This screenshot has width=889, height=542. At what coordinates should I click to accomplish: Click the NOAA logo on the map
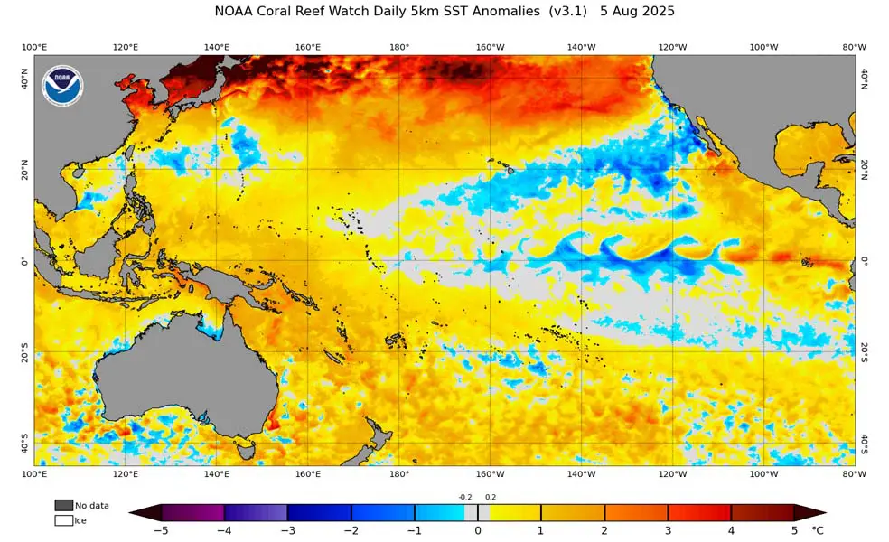point(62,86)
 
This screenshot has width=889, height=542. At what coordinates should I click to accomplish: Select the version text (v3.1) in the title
point(567,12)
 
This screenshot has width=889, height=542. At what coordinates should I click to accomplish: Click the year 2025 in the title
point(656,12)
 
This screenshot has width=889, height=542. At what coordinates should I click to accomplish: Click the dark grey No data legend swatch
point(63,505)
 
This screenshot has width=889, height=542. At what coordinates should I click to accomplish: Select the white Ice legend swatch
point(63,520)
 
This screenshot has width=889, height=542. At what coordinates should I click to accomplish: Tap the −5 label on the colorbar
point(161,530)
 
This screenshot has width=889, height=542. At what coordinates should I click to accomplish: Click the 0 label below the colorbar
point(478,530)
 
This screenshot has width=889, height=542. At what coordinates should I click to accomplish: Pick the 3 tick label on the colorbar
point(668,530)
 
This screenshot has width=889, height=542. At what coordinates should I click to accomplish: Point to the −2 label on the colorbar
point(351,530)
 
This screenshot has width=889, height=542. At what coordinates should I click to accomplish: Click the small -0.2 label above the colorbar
point(464,497)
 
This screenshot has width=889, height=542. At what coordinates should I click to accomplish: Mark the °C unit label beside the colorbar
point(817,530)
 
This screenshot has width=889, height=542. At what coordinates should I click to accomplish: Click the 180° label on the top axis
point(399,47)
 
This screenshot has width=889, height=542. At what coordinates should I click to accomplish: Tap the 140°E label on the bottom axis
point(217,473)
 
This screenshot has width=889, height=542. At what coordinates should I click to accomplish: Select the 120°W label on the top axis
point(672,47)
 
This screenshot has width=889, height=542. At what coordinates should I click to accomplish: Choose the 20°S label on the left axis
point(24,353)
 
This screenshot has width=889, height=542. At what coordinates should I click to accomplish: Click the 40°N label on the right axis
point(864,79)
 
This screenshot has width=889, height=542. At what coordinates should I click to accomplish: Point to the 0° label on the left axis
point(25,261)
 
